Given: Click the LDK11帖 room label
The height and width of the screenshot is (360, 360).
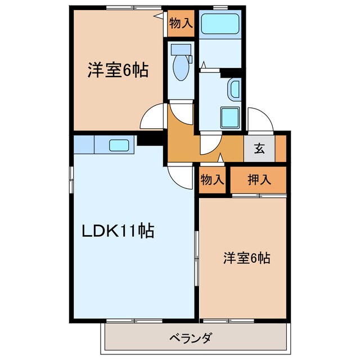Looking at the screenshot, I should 118,231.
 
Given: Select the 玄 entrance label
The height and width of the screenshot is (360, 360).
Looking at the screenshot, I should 259,149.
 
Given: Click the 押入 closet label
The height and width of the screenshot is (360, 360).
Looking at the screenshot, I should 259,180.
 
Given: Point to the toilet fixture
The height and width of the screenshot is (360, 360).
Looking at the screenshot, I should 182,65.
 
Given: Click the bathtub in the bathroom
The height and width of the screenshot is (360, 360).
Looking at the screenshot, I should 220,24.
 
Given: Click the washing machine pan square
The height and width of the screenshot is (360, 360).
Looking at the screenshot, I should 230,118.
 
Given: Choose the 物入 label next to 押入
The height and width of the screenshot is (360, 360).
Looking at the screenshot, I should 213,180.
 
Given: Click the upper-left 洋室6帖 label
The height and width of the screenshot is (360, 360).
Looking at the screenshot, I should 117,71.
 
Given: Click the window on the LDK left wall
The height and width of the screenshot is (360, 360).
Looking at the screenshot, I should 71,180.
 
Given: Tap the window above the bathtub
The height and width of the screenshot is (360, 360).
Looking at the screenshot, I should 220,7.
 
